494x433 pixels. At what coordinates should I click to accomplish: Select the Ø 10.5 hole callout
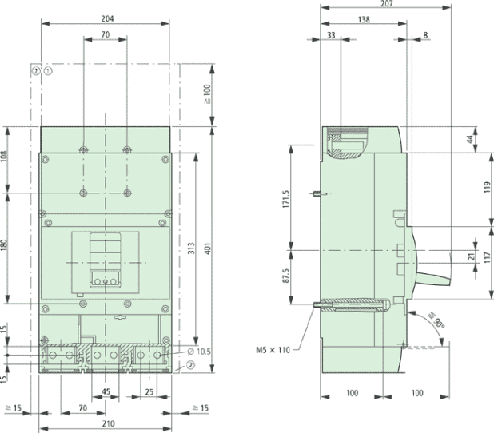[x=202, y=352]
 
